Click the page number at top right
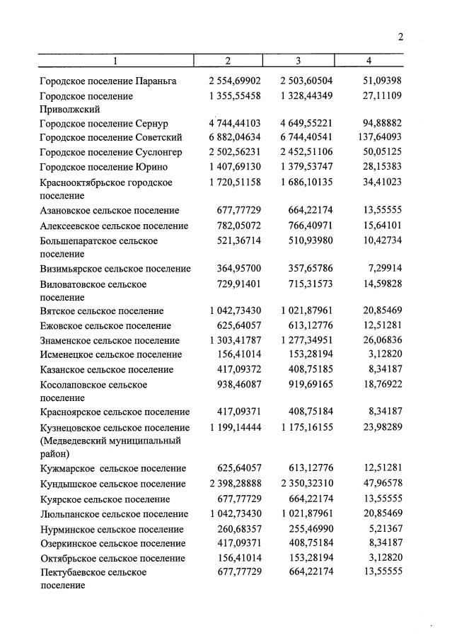tap(400, 37)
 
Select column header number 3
tap(298, 61)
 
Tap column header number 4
tap(369, 61)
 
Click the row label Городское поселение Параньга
tap(108, 81)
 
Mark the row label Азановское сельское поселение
tap(110, 211)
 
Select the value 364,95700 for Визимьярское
tap(239, 269)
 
